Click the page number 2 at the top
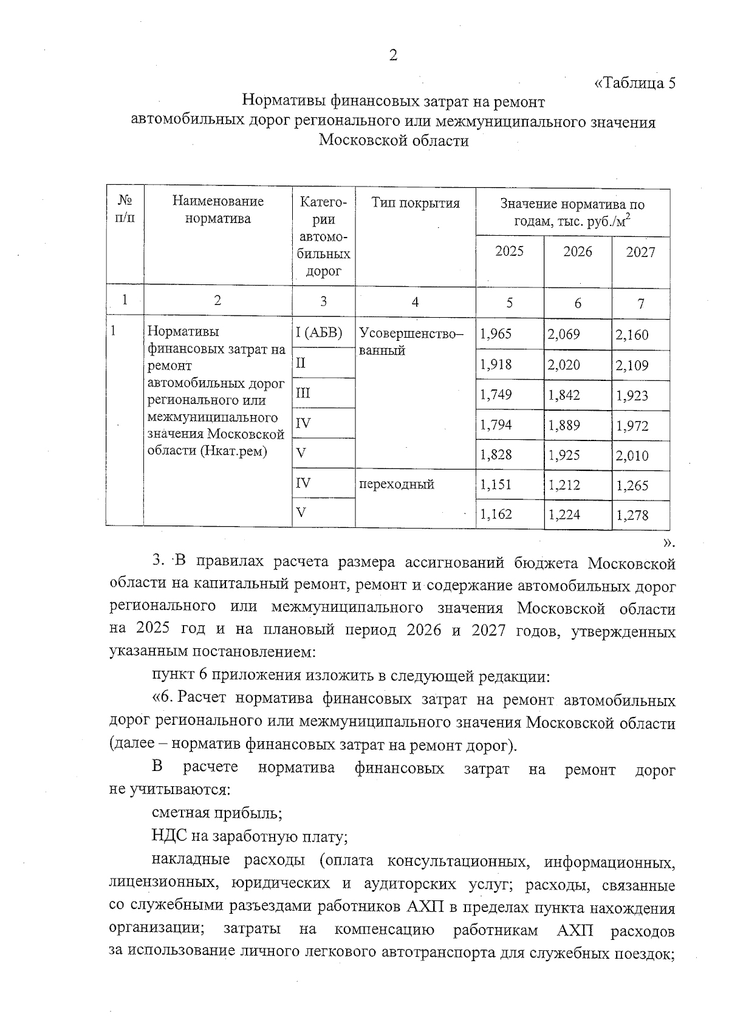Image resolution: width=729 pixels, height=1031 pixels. pyautogui.click(x=393, y=56)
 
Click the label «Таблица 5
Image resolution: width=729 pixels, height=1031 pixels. pyautogui.click(x=634, y=83)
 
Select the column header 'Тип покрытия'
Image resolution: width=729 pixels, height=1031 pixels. pyautogui.click(x=416, y=204)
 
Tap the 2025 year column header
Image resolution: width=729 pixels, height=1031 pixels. pyautogui.click(x=509, y=252)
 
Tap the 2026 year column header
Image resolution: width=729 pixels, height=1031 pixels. pyautogui.click(x=577, y=252)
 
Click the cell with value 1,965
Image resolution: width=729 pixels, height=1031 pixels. pyautogui.click(x=496, y=334)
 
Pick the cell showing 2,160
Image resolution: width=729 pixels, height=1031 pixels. pyautogui.click(x=632, y=335)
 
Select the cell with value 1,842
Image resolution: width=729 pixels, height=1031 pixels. pyautogui.click(x=564, y=396)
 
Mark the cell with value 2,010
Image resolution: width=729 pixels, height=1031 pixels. pyautogui.click(x=632, y=456)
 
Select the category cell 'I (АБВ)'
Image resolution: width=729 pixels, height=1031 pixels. pyautogui.click(x=319, y=333)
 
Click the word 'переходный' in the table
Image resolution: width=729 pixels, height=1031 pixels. pyautogui.click(x=397, y=485)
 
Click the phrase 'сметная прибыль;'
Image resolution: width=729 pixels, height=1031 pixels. pyautogui.click(x=216, y=813)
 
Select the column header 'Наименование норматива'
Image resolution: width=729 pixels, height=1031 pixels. pyautogui.click(x=217, y=210)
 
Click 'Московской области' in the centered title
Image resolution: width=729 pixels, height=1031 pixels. pyautogui.click(x=394, y=141)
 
